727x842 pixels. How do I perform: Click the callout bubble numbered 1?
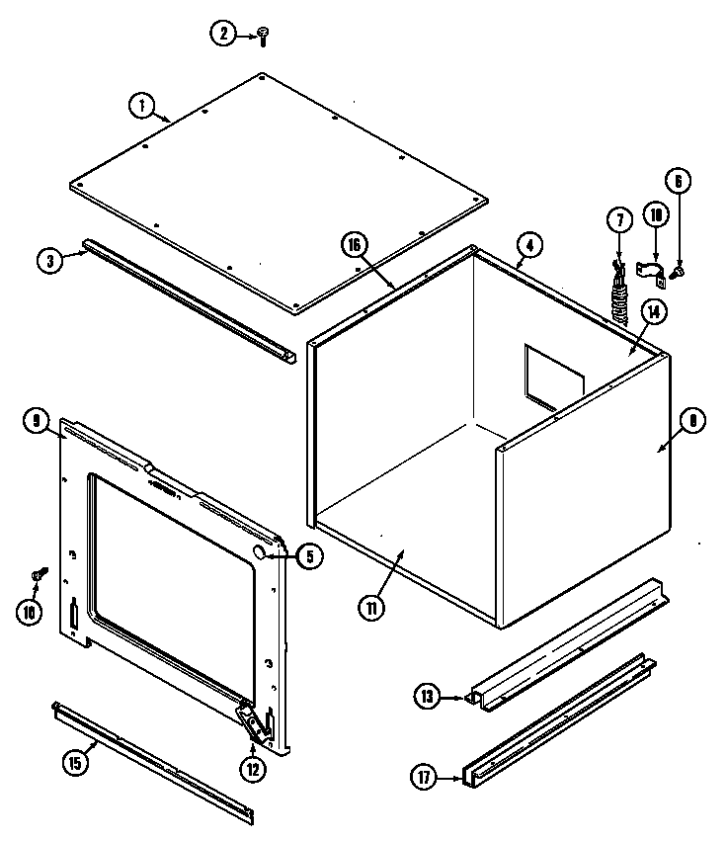click(x=142, y=103)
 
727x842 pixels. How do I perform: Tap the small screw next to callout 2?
click(x=263, y=36)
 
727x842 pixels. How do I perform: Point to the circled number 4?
click(x=529, y=244)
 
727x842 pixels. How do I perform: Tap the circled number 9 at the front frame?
click(x=36, y=422)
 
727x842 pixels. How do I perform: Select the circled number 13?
click(x=427, y=698)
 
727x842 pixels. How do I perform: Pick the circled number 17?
click(x=425, y=778)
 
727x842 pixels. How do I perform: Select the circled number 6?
click(x=678, y=182)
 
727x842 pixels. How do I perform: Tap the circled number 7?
click(x=618, y=218)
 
